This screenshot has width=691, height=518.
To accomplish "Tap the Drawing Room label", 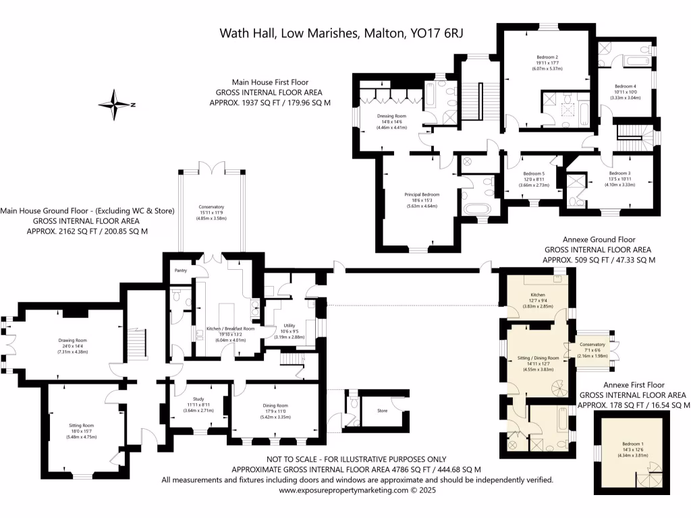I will (x=72, y=340).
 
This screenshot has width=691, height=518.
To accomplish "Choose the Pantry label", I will (x=180, y=270).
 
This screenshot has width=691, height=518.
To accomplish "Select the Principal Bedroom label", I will (x=422, y=195).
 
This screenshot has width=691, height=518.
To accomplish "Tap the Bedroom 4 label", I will (x=625, y=86).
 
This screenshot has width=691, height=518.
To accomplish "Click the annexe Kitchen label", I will (x=537, y=295).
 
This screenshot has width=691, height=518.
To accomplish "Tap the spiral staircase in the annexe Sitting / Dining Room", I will (x=559, y=391).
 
